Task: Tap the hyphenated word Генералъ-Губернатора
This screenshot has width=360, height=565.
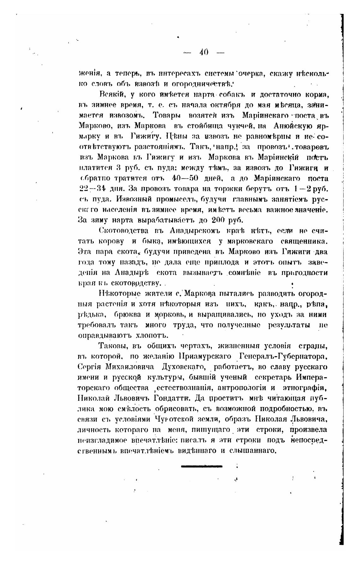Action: (283, 356)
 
